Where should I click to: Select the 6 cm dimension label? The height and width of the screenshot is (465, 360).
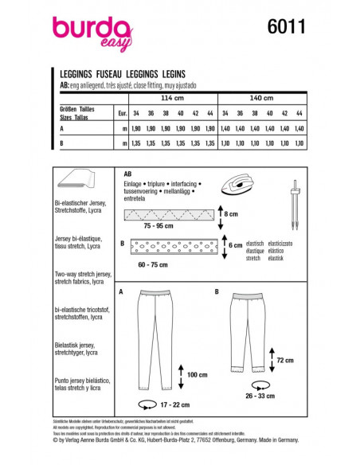coord(234,246)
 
